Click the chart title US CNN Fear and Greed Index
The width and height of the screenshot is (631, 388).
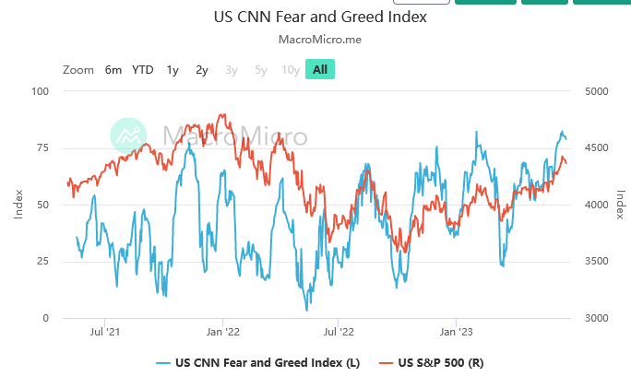(320, 17)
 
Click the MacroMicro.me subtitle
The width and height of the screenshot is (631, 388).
(320, 40)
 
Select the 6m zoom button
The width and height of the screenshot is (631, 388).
(113, 70)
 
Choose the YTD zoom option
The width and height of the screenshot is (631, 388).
(142, 70)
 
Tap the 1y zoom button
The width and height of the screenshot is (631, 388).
(173, 70)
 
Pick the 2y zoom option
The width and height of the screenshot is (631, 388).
(202, 70)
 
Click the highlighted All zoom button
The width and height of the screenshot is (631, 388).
(320, 69)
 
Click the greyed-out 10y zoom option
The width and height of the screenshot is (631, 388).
(291, 70)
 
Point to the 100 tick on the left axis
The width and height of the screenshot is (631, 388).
(41, 91)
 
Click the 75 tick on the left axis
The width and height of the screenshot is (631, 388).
(42, 148)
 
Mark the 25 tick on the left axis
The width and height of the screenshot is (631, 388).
(42, 262)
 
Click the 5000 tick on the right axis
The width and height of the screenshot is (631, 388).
(596, 91)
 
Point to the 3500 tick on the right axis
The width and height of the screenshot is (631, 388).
(596, 262)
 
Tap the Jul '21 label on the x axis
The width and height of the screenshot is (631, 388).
(104, 332)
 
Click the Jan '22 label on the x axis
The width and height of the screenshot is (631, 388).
(222, 332)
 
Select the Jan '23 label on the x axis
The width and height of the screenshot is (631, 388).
(456, 332)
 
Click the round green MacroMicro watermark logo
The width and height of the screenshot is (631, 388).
(128, 135)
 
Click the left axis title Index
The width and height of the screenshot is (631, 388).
(18, 205)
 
